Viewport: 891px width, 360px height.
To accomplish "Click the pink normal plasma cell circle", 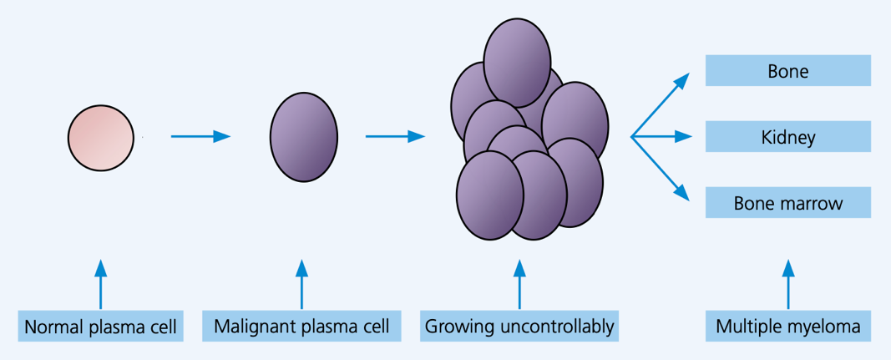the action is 101,138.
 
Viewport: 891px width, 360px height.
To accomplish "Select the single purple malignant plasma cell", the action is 303,137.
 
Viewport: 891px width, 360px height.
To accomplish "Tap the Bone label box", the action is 787,70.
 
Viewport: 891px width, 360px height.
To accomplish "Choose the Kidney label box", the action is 787,136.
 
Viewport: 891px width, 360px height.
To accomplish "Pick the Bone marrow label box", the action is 787,202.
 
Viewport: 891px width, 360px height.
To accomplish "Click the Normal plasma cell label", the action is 100,327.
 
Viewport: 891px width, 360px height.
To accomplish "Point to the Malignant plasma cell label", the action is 301,327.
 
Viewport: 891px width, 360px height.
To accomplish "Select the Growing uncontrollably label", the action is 519,327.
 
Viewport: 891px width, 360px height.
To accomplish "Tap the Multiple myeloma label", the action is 787,327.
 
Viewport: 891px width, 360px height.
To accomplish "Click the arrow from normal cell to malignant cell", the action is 200,136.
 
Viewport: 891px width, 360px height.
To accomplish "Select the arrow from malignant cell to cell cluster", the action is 396,136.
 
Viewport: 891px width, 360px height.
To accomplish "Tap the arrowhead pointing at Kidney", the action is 684,136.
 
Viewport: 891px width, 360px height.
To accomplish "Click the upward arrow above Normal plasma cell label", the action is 100,284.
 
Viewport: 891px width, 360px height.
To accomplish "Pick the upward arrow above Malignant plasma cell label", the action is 301,284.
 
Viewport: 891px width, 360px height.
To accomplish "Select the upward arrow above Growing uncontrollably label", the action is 519,284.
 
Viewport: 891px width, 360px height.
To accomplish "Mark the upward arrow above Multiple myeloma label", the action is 787,284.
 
